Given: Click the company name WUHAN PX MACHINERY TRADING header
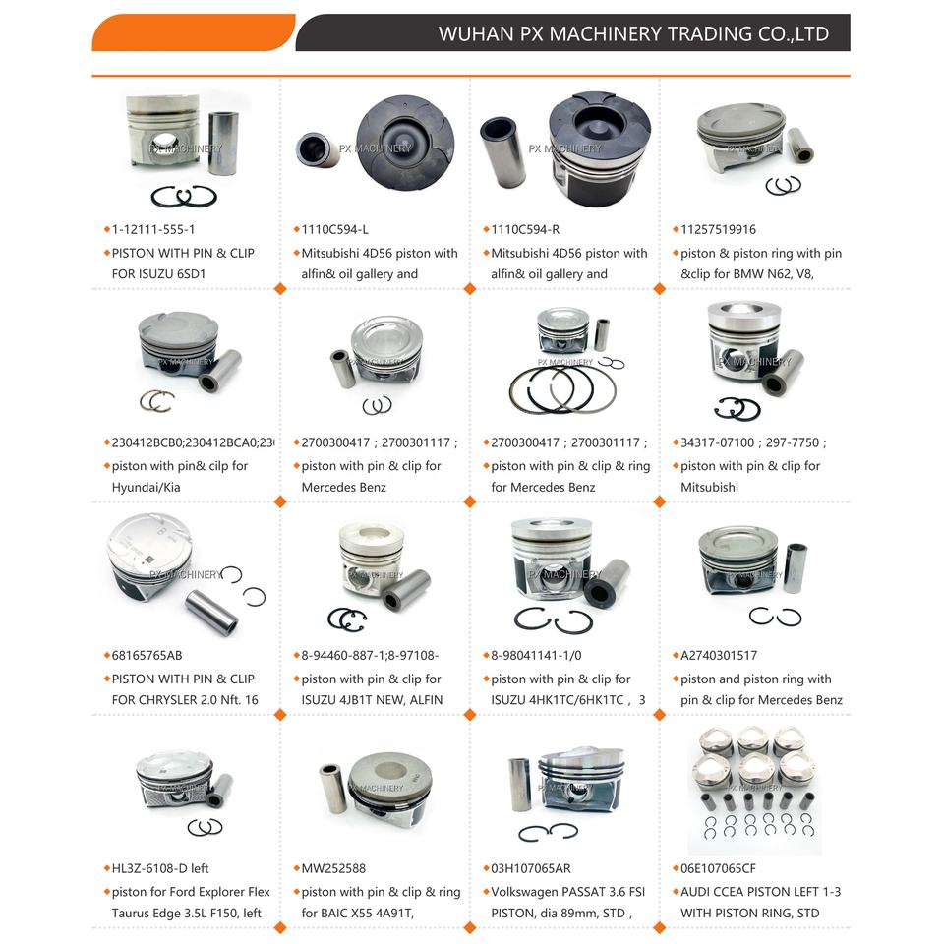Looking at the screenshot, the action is (632, 34).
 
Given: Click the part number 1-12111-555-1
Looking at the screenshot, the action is (153, 229).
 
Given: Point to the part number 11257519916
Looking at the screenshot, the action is (719, 229).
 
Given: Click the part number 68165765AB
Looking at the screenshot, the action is (148, 655).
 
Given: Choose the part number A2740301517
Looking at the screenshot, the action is (719, 655).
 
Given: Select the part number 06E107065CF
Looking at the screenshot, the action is (719, 868).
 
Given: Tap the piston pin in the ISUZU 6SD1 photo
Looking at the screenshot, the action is (222, 143).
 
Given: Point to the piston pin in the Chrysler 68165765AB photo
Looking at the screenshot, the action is (210, 610).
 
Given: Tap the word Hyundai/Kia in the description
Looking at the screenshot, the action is (147, 487).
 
